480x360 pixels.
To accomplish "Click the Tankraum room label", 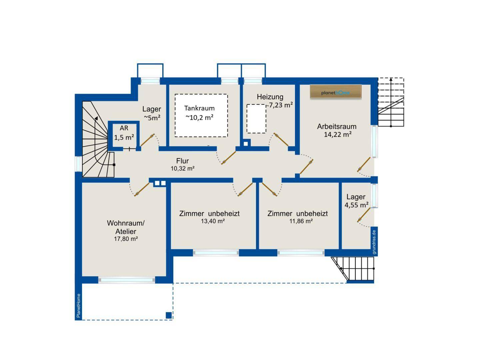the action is tap(199, 108).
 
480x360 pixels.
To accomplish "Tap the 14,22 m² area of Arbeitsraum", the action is tap(337, 134).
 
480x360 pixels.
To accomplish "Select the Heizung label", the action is tap(270, 97).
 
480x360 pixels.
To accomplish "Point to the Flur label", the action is tap(182, 161).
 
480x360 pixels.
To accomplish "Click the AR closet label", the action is tap(124, 128).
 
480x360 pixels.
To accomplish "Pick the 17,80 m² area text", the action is tap(126, 239).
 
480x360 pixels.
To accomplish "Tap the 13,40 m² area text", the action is tap(213, 221).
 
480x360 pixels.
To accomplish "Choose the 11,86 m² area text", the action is tap(301, 221).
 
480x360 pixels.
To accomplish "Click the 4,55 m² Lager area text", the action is tap(356, 205).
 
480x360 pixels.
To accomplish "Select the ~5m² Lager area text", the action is tap(152, 118).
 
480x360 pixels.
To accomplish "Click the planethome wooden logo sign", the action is tap(336, 92).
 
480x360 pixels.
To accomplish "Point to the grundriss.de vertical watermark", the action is tap(374, 242).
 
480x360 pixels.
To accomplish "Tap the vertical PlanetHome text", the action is tap(79, 306).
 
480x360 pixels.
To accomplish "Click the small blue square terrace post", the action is tap(169, 315).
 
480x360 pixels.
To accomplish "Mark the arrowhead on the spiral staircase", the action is tap(96, 118).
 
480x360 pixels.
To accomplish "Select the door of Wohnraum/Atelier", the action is tap(142, 189).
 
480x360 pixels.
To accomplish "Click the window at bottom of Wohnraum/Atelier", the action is tap(127, 280).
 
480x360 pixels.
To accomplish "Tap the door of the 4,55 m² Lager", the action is tap(364, 215).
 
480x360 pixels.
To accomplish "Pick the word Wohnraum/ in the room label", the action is tap(126, 223).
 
